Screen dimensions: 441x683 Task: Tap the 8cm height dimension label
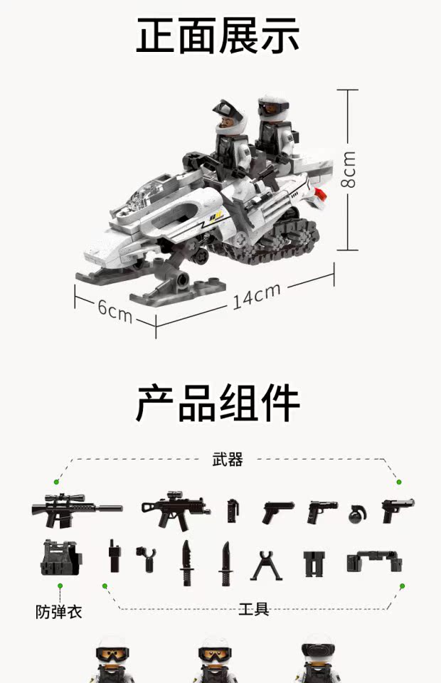click(x=349, y=169)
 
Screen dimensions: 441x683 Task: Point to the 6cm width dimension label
click(x=115, y=309)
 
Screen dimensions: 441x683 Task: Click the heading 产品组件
click(x=218, y=403)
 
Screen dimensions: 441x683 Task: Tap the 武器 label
click(x=228, y=460)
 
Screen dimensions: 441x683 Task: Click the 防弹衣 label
click(x=59, y=611)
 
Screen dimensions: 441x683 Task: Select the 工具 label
click(x=254, y=609)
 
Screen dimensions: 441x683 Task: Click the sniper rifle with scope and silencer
click(x=75, y=509)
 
